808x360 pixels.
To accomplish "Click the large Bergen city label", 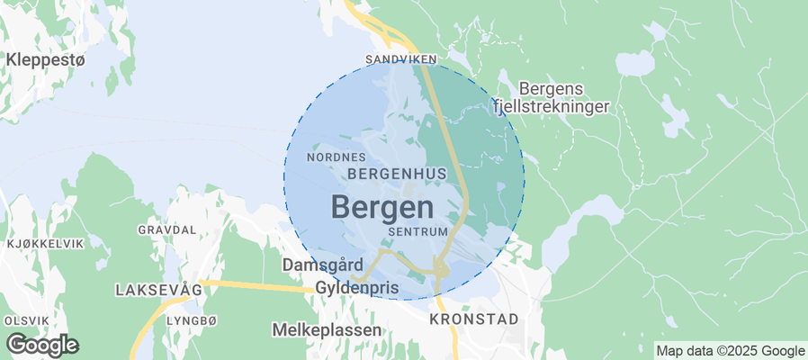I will pos(382,207).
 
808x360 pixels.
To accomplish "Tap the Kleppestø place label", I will pos(45,60).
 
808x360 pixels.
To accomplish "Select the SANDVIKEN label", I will pos(400,59).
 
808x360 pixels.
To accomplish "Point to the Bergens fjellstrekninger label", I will pos(552,97).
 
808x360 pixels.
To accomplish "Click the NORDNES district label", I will pos(336,157).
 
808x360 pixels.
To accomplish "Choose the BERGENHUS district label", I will pos(397,171).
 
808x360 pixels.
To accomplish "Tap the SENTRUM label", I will pos(417,231).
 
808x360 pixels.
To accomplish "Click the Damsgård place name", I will pos(322,266).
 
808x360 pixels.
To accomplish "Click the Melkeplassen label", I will pos(327,330).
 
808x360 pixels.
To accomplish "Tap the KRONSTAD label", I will pos(474,319).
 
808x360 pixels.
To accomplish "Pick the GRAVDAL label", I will pos(166,229).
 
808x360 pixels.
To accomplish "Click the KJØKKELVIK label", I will pos(45,244).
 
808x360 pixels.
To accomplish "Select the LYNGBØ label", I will pos(193,320).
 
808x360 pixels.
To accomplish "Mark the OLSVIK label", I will pos(27,320).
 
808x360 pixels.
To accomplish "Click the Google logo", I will pos(41,345).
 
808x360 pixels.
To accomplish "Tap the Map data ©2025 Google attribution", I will pos(730,351).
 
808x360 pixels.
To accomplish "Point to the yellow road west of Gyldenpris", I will pos(252,285).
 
